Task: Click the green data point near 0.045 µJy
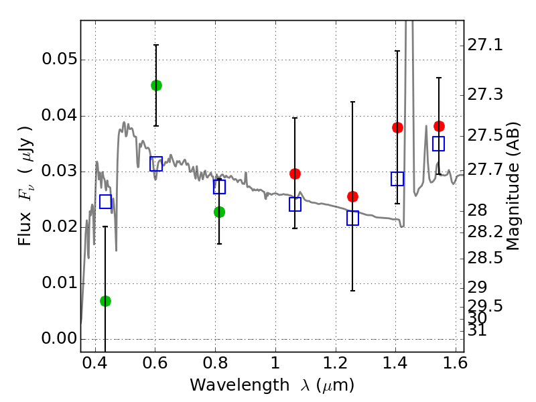coord(156,85)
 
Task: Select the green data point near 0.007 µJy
coord(105,301)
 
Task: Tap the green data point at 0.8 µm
coord(219,212)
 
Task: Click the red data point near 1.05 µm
coord(295,174)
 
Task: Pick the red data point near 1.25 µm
coord(352,196)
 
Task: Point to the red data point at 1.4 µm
coord(397,127)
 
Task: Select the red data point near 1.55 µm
coord(439,126)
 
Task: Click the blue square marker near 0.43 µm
coord(105,201)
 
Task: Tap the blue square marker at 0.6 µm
coord(156,163)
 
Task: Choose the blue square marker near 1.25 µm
coord(352,218)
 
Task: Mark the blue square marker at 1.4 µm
coord(397,179)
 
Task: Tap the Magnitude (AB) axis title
coord(514,186)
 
